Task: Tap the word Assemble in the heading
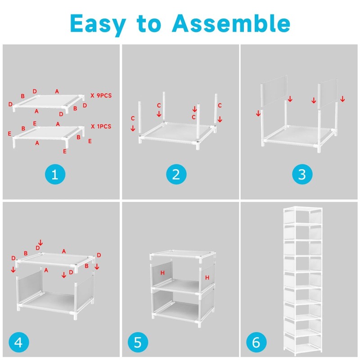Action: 231,23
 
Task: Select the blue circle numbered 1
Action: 55,174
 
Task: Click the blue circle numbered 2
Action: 176,174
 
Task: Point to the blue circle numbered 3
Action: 302,174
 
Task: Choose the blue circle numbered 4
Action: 19,342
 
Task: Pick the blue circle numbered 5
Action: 138,342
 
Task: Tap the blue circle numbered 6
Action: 256,342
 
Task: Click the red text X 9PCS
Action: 101,95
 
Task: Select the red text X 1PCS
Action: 101,126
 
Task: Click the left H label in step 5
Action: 162,273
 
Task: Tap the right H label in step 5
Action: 207,278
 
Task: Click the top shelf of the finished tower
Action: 302,209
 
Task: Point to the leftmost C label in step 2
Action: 133,118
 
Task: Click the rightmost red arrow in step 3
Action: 342,99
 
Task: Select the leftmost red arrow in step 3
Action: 258,113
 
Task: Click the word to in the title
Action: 149,24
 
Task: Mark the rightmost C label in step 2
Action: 220,105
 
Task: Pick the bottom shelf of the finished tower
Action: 302,347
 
